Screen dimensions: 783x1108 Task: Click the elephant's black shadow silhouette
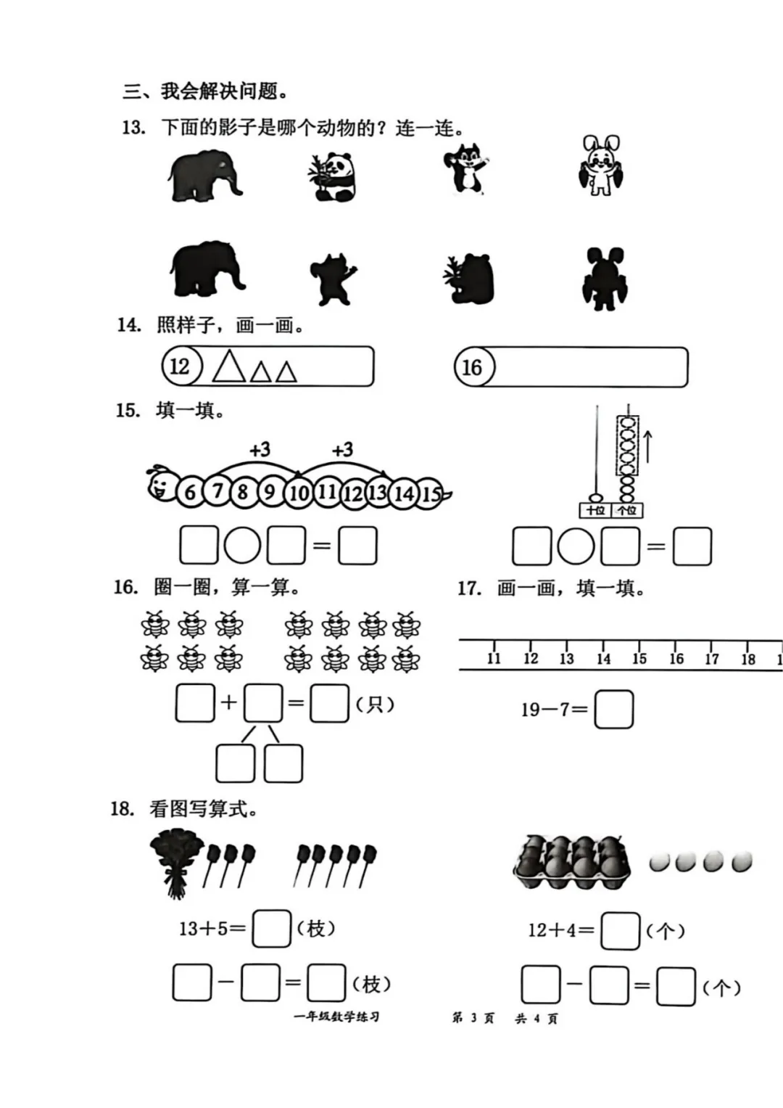click(x=207, y=269)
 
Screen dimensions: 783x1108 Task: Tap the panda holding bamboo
click(x=331, y=176)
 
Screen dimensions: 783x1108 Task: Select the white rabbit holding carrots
click(x=601, y=165)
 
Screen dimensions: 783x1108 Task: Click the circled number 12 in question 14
click(x=178, y=366)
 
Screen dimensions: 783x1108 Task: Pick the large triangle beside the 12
click(x=229, y=366)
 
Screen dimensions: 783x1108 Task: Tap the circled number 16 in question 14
click(x=472, y=367)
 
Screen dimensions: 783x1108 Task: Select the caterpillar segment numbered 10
click(x=299, y=493)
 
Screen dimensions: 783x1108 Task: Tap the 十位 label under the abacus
click(x=595, y=510)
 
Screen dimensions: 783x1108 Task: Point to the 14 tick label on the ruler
click(x=603, y=659)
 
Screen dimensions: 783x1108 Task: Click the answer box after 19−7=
click(x=613, y=709)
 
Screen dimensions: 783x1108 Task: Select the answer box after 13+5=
click(x=271, y=928)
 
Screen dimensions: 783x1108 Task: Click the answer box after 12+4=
click(x=621, y=930)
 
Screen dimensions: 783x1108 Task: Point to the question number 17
click(x=469, y=588)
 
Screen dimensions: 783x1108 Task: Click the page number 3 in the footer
click(x=473, y=1018)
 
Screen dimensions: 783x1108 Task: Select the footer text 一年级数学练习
click(x=336, y=1017)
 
